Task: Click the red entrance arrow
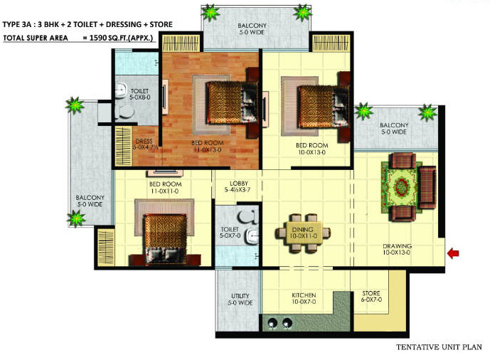point(452,253)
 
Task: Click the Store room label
point(370,296)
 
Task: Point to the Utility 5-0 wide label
point(240,299)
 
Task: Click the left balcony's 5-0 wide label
point(90,201)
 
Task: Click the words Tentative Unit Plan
point(439,348)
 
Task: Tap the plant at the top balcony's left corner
point(210,12)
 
